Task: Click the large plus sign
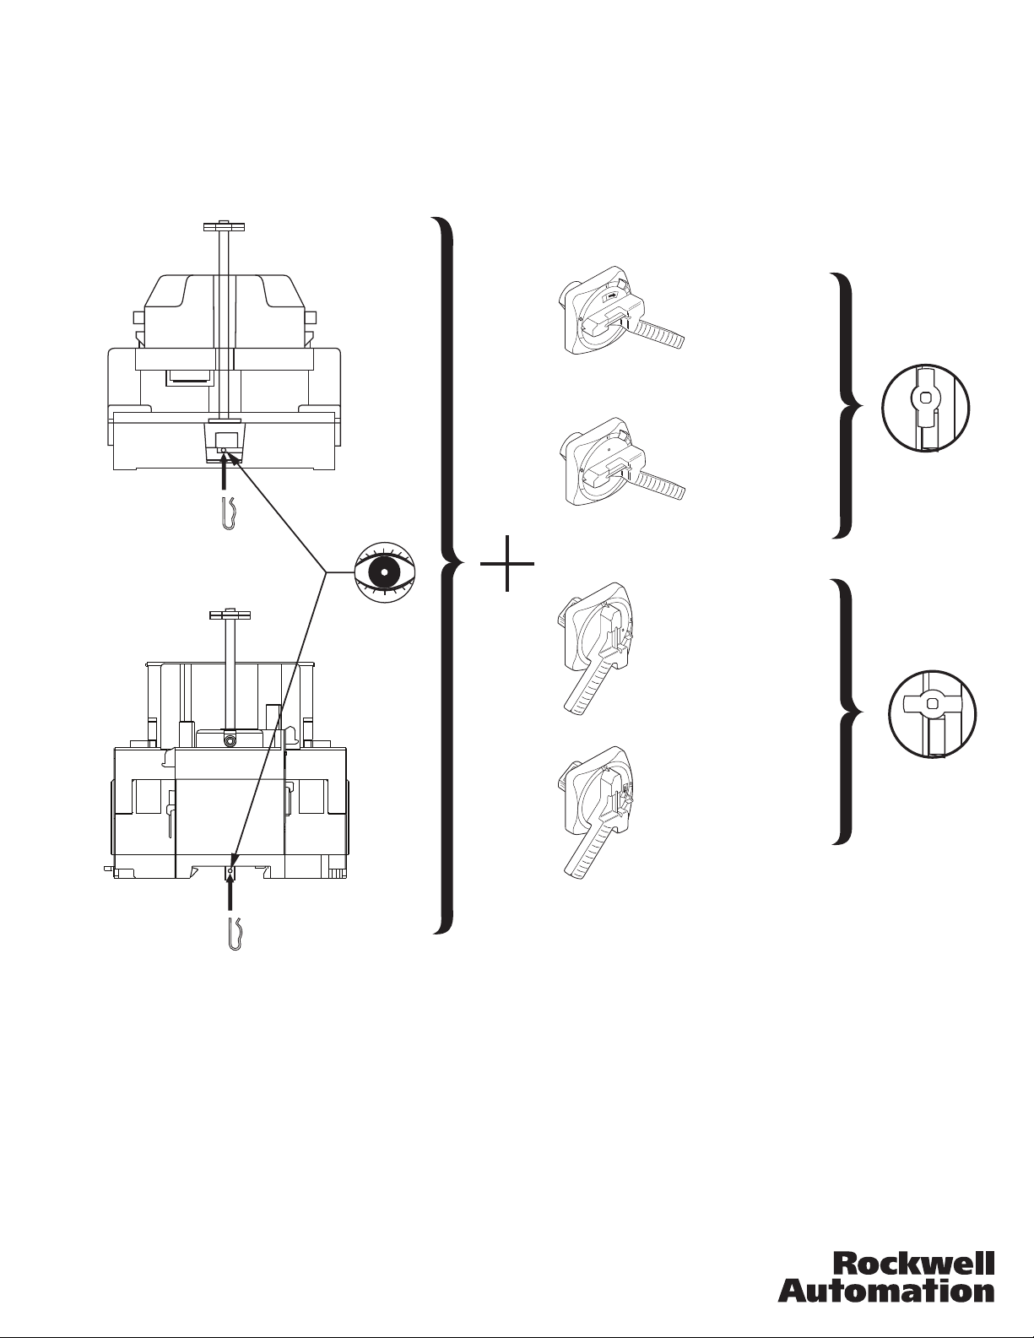[507, 563]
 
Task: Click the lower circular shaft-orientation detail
[933, 714]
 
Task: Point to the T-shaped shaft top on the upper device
[224, 226]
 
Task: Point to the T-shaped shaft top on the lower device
[230, 615]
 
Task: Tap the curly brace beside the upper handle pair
[848, 405]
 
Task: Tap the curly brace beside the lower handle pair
[848, 712]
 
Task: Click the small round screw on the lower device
[230, 739]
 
